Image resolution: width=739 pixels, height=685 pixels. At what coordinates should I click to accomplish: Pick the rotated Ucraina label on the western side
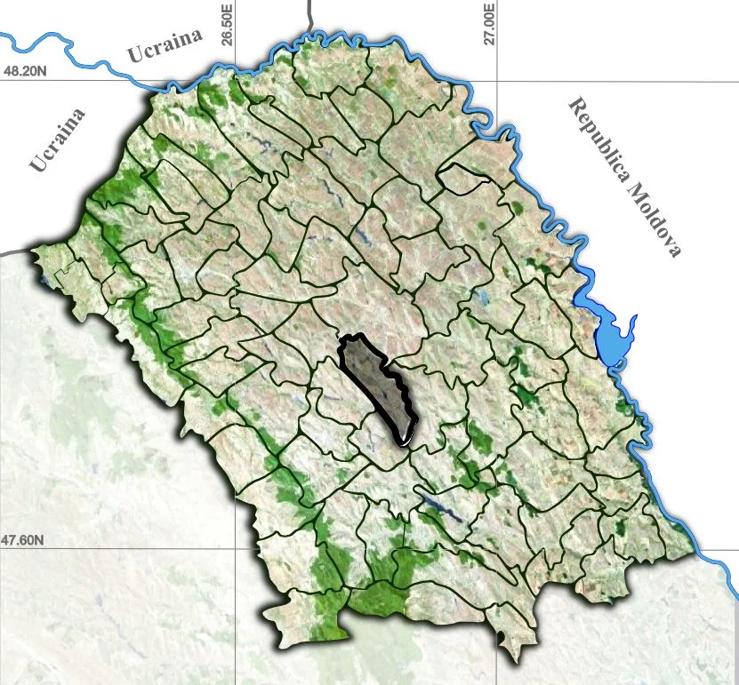point(58,139)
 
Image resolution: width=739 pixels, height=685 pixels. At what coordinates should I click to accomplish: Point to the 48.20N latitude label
point(24,71)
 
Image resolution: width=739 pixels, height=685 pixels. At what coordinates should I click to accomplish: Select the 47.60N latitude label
point(24,539)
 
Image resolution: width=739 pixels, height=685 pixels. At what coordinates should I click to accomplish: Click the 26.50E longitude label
point(228,25)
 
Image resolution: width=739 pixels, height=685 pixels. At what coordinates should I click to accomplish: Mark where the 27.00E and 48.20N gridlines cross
point(496,81)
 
